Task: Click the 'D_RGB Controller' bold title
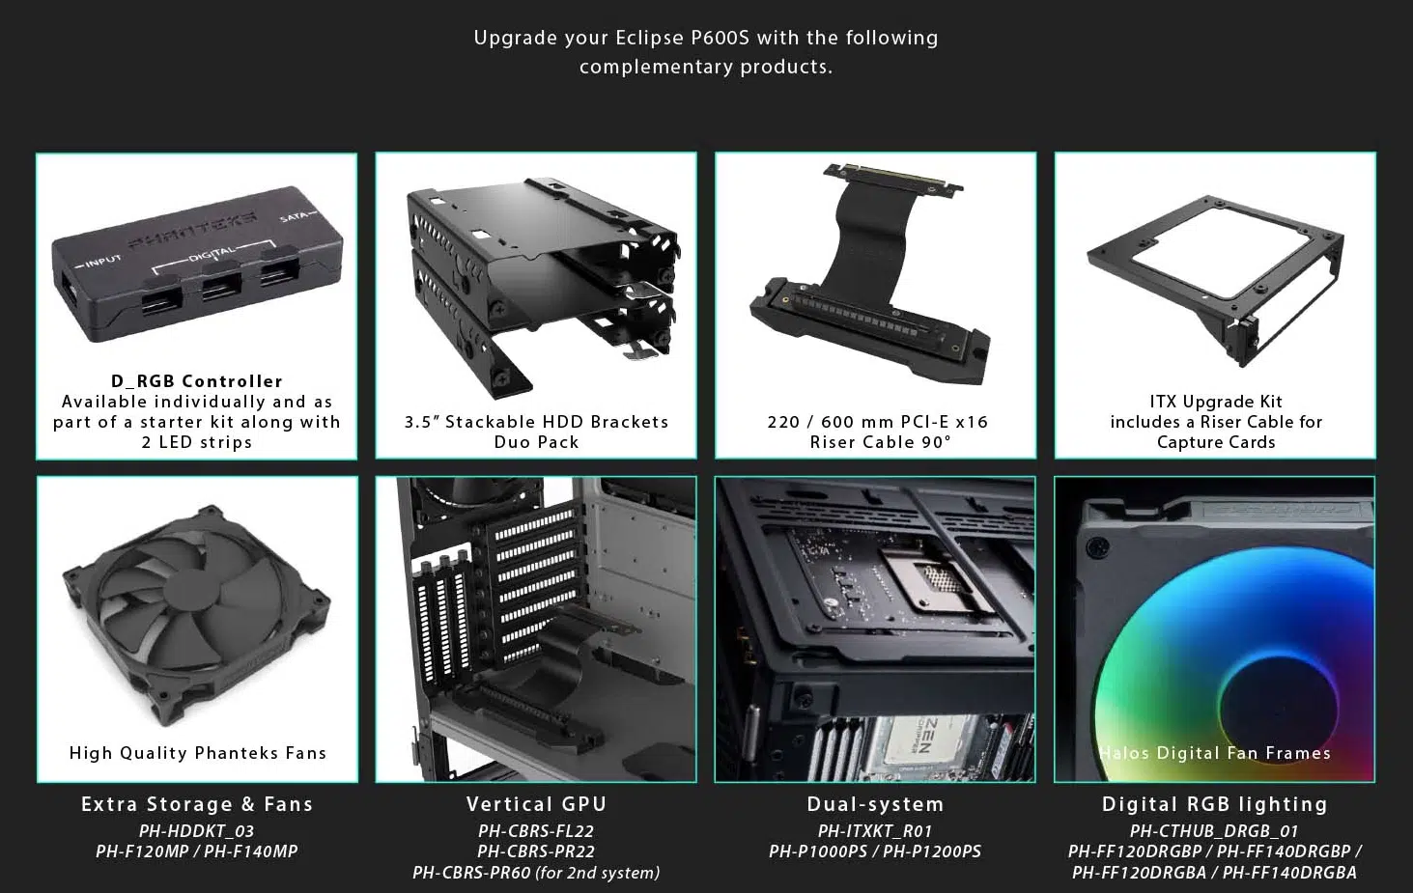197,381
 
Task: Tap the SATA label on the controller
294,217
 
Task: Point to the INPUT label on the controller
99,262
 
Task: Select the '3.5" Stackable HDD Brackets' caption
536,422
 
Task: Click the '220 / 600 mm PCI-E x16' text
877,422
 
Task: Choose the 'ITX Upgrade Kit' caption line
1215,402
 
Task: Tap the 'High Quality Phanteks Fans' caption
197,753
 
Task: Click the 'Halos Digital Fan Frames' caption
1215,753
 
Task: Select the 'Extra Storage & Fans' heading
197,804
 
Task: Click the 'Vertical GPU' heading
536,804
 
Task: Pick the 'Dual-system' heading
875,804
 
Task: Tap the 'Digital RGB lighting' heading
1214,804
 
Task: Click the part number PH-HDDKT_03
196,831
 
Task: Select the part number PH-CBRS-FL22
536,831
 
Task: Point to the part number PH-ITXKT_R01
875,831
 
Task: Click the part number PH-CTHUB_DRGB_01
1214,831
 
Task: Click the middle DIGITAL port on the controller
221,290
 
